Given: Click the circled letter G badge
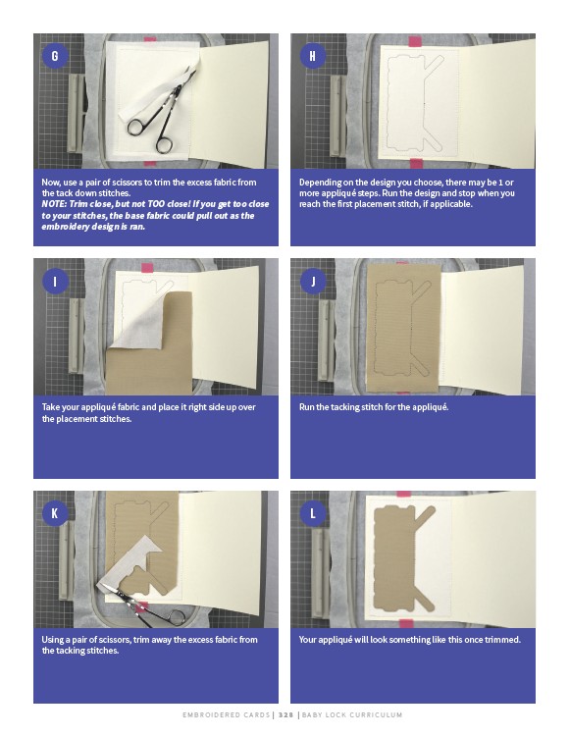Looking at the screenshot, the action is (55, 56).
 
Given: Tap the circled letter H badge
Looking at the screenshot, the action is (312, 56).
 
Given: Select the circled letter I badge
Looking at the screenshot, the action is (55, 282).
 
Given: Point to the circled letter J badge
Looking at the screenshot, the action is (312, 282).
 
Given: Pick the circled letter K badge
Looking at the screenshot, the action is (55, 513).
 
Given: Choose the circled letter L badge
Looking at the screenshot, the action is (312, 513).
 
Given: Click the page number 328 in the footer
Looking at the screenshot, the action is (285, 714).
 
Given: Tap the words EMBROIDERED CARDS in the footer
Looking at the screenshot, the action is (226, 714).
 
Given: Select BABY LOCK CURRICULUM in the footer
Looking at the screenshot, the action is (352, 714).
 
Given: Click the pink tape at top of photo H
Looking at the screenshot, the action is (415, 41).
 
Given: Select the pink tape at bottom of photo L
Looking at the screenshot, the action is (406, 624).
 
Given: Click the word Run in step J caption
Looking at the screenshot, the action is (306, 407).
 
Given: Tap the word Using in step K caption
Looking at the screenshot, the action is (52, 640).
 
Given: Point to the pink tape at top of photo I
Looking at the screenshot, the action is (147, 268).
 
